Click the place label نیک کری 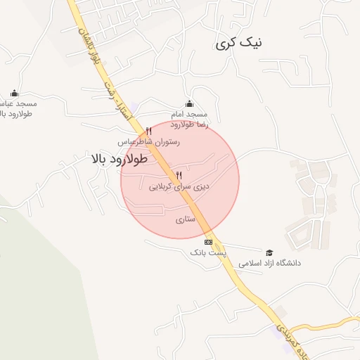click(x=240, y=44)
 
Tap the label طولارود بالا click(x=119, y=159)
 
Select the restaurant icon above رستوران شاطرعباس click(x=148, y=131)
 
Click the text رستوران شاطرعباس click(x=149, y=141)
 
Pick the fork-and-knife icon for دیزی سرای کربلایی click(x=179, y=175)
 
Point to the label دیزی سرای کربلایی click(x=180, y=187)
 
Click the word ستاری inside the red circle click(x=184, y=219)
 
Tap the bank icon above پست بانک click(x=207, y=242)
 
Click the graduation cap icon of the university click(x=269, y=252)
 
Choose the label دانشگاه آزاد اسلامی click(x=269, y=263)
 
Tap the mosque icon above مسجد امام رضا click(x=188, y=103)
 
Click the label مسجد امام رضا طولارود click(x=188, y=119)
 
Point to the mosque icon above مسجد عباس click(x=14, y=93)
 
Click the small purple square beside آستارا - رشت click(x=135, y=107)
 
